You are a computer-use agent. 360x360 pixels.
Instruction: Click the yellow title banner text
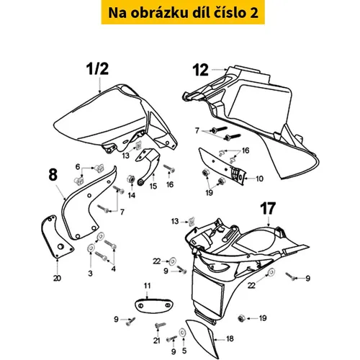tap(183, 13)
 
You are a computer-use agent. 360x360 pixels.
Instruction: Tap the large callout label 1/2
tap(97, 68)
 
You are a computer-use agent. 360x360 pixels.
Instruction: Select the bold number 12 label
tap(201, 70)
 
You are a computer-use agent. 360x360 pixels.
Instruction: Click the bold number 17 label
tap(268, 209)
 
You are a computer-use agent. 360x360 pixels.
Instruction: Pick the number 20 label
tap(57, 278)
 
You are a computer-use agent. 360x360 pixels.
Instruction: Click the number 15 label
tap(153, 186)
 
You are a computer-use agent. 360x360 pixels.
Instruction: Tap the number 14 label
tap(132, 195)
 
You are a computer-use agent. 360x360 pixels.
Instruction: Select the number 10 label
tap(259, 179)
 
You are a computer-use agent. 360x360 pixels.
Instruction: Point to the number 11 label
tap(147, 286)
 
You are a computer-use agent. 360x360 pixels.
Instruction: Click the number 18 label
tap(230, 338)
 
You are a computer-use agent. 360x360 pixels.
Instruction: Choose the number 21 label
tap(157, 341)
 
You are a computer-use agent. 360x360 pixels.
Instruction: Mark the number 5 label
tap(184, 351)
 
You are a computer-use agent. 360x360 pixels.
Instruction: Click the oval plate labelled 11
tap(153, 305)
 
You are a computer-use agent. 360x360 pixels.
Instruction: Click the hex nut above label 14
tap(130, 179)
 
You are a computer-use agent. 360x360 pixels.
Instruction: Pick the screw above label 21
tap(160, 325)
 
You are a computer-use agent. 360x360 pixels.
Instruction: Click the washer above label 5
tap(182, 333)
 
